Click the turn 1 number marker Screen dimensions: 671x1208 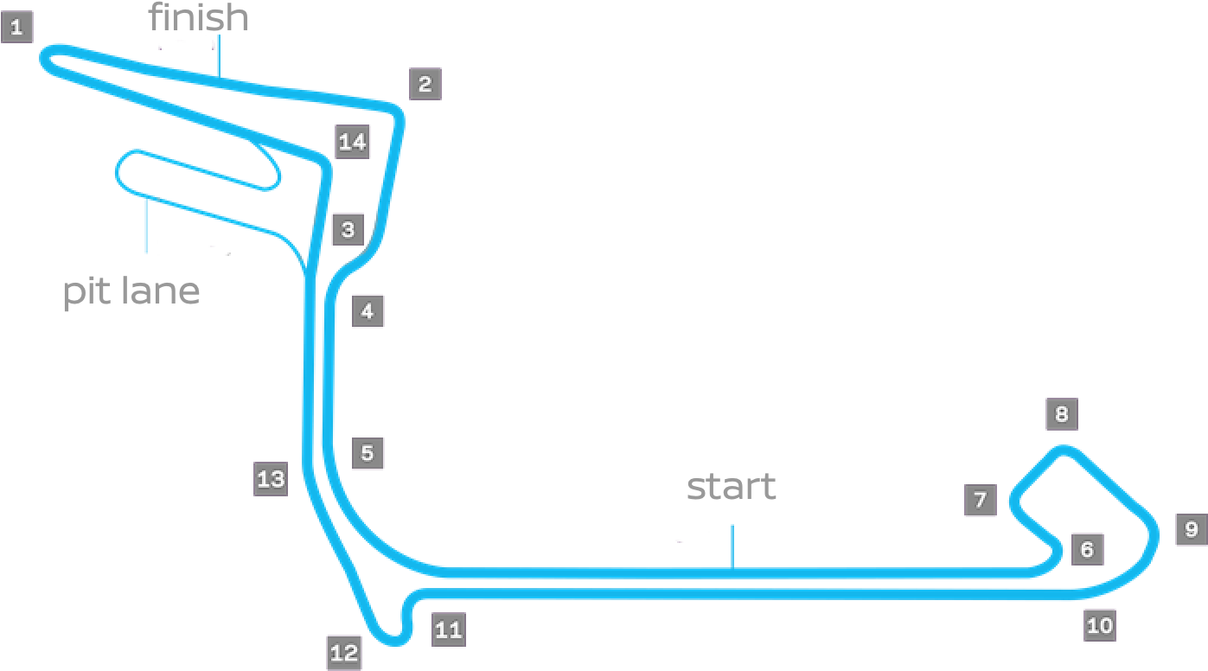(16, 27)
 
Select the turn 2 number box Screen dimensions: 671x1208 (425, 84)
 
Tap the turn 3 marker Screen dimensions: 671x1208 (348, 230)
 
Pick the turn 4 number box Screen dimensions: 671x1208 (368, 310)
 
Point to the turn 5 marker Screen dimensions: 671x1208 (368, 452)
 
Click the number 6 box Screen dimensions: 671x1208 (1087, 548)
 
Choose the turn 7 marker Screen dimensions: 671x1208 (980, 500)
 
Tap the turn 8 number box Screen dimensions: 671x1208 (1061, 414)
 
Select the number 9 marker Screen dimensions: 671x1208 (1191, 529)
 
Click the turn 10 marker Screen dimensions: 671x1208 (1099, 624)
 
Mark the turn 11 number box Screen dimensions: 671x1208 (448, 629)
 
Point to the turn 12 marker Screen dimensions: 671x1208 (343, 653)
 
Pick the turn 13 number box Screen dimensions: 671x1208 (271, 478)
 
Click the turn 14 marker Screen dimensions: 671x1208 (352, 141)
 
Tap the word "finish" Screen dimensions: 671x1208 (199, 17)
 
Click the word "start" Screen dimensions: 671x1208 (732, 487)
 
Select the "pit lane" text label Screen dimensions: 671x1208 (131, 292)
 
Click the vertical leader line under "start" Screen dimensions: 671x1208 (732, 546)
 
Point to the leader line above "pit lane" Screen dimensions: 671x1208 (146, 226)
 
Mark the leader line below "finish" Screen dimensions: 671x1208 (219, 58)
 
